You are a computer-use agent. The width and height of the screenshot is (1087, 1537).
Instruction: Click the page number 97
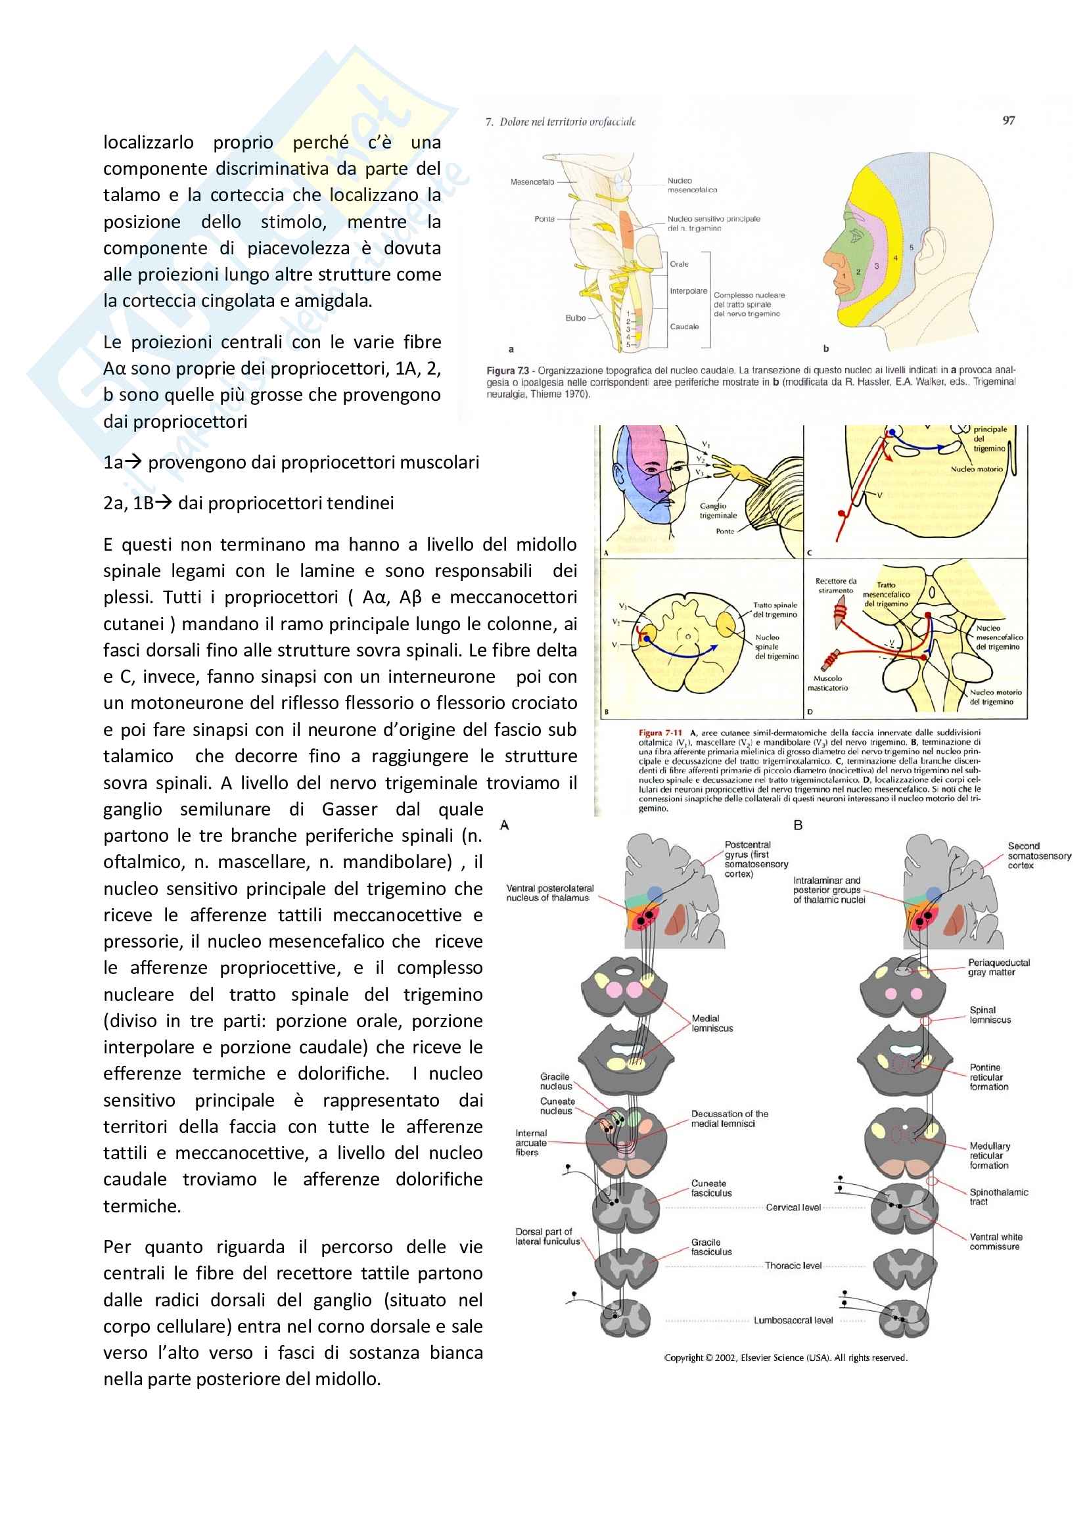(x=1008, y=120)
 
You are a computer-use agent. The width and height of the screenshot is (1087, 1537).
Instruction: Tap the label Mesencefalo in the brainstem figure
(x=532, y=182)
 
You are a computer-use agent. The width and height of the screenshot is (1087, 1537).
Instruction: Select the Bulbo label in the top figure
(x=576, y=318)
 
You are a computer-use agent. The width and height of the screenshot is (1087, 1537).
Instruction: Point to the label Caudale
(x=684, y=327)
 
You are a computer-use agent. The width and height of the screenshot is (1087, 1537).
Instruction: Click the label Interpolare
(x=688, y=291)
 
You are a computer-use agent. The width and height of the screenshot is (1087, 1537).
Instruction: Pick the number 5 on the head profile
(x=911, y=248)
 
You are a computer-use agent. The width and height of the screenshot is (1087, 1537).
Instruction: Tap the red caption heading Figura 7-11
(x=660, y=732)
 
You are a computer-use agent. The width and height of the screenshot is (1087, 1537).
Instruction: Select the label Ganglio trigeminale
(x=718, y=511)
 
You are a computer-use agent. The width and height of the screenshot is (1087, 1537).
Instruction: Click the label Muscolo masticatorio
(x=827, y=683)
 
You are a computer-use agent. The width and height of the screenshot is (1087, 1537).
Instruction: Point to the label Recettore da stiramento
(x=835, y=585)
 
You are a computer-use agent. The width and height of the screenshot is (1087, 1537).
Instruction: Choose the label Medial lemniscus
(x=712, y=1023)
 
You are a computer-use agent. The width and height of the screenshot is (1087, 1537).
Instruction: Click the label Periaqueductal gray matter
(x=998, y=967)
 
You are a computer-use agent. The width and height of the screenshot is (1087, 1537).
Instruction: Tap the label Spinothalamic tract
(x=998, y=1196)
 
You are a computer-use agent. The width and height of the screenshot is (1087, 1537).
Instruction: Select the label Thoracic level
(x=793, y=1265)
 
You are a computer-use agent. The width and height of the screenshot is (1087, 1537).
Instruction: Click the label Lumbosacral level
(x=793, y=1320)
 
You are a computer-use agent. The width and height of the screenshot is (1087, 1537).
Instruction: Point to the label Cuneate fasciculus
(x=711, y=1188)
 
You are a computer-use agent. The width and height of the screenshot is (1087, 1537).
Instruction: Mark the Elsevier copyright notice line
(x=785, y=1358)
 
